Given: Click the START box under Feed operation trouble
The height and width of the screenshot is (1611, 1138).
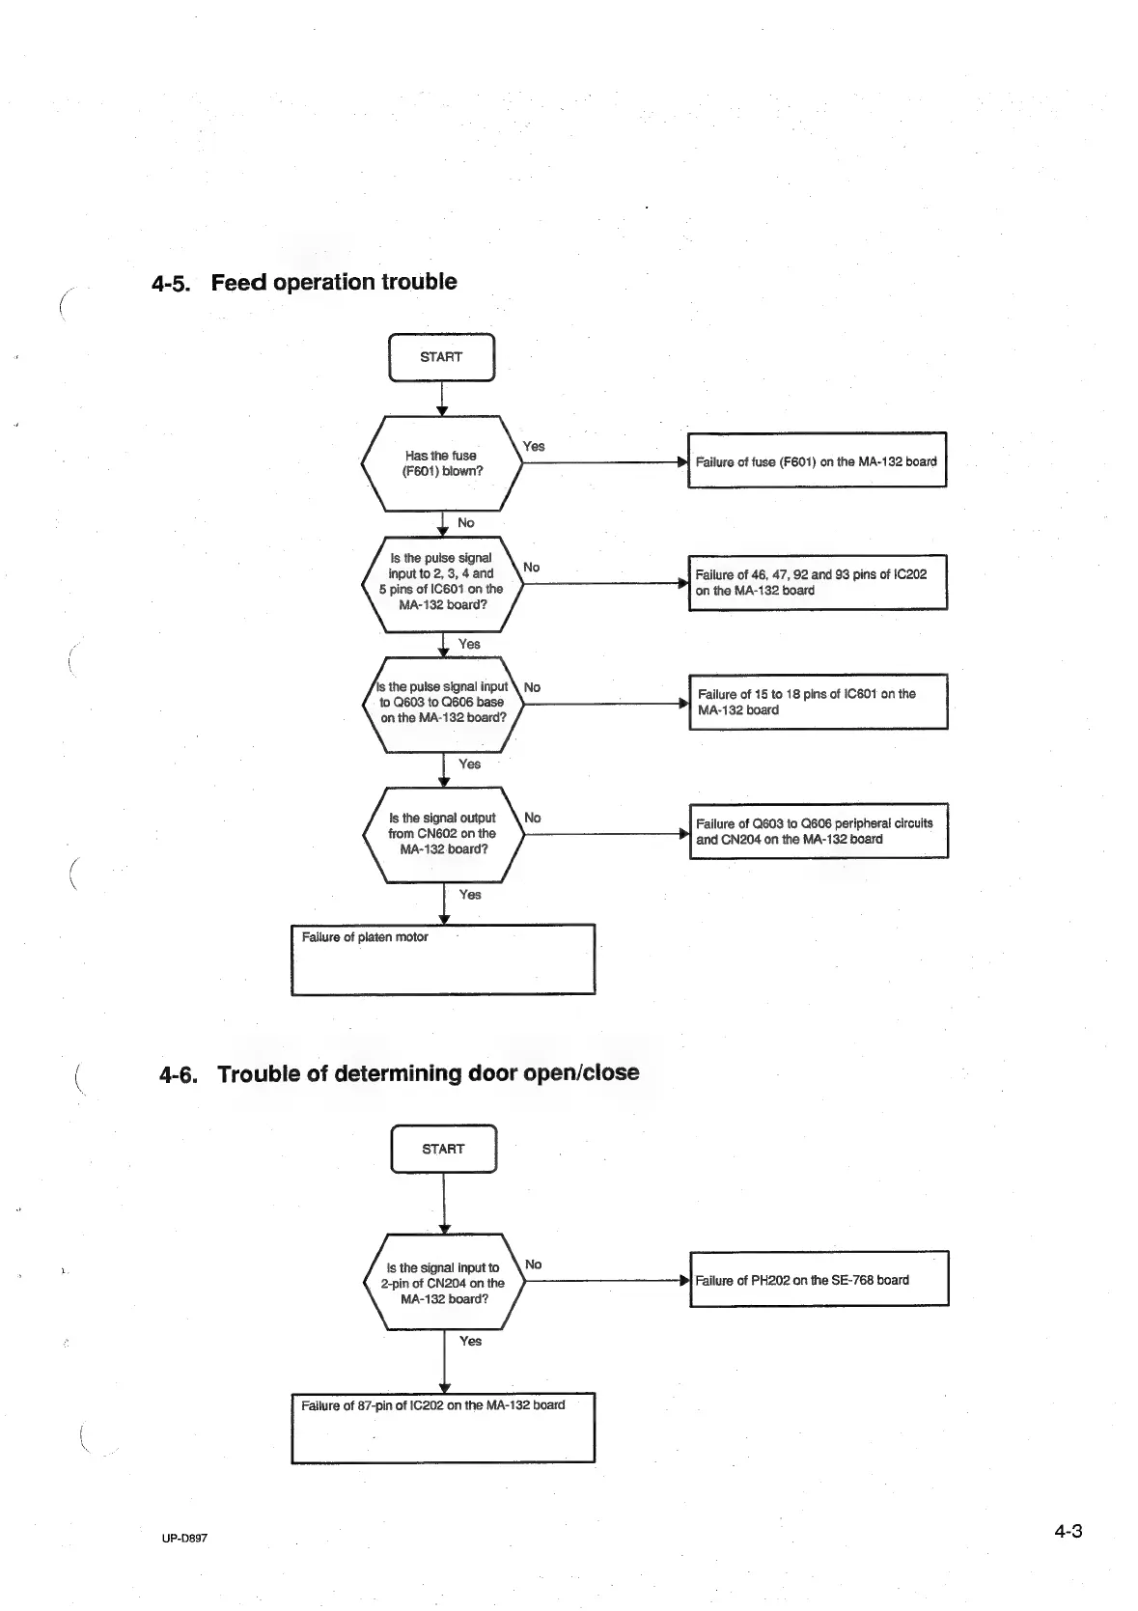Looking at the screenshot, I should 441,357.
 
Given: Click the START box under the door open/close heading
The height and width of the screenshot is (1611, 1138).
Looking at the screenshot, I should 443,1149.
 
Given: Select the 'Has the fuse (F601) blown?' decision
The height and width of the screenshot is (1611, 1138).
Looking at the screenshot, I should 442,463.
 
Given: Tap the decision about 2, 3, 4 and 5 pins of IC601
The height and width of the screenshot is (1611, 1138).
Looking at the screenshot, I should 442,582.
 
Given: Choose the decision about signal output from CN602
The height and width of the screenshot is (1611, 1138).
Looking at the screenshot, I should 443,834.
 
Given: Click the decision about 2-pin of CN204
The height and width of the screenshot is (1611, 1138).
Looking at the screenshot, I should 444,1283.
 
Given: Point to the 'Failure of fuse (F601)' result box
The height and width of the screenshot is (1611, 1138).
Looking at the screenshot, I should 817,461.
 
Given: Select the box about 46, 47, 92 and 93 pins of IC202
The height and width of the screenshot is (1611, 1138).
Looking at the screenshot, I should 817,582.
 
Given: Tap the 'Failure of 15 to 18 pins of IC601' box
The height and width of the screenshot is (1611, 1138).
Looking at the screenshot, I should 818,702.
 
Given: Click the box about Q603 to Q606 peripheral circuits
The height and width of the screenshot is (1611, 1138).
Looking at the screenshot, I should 819,831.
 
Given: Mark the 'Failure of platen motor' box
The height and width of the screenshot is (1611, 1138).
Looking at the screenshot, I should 443,959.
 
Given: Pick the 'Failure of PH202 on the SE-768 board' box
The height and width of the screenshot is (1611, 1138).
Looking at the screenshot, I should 819,1280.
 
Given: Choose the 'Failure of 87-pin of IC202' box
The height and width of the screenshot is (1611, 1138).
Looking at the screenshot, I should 443,1427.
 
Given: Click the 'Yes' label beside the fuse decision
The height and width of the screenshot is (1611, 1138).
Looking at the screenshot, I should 533,446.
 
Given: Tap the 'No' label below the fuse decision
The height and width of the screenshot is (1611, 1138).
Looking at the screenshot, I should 466,522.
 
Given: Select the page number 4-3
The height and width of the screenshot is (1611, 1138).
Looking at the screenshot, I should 1068,1532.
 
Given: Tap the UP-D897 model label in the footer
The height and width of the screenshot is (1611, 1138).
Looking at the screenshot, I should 184,1539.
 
